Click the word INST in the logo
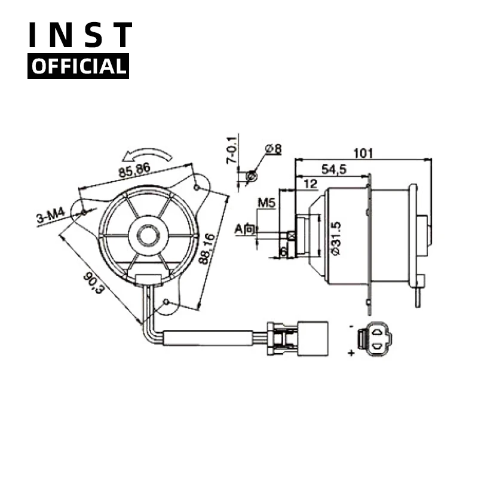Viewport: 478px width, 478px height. tap(79, 36)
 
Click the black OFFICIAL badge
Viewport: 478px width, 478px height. tap(78, 66)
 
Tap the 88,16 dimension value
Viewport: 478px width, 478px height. tap(207, 250)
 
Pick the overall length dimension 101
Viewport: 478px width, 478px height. tap(363, 153)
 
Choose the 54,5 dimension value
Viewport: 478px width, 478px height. tap(334, 170)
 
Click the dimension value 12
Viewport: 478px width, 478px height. tap(310, 185)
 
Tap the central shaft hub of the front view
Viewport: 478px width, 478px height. tap(147, 235)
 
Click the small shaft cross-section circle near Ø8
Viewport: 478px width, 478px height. tap(252, 176)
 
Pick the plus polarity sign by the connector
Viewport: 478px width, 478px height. tap(351, 354)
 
